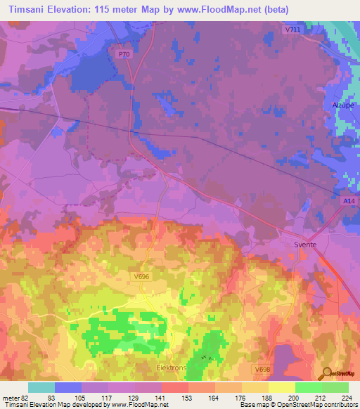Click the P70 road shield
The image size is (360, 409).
click(124, 53)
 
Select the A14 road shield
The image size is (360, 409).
click(349, 202)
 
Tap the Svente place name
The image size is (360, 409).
click(304, 244)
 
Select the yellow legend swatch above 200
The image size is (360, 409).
click(281, 387)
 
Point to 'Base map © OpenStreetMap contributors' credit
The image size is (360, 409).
click(297, 405)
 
